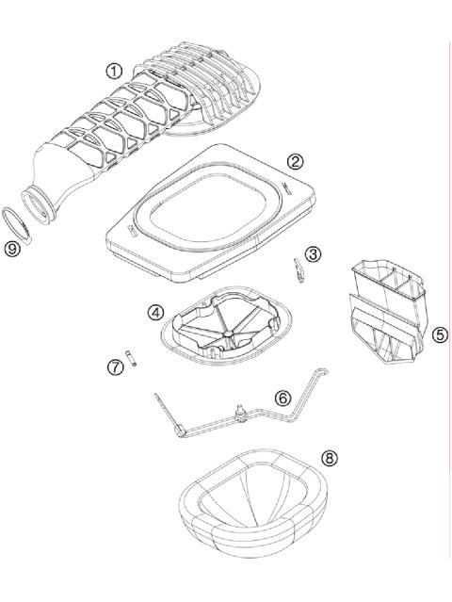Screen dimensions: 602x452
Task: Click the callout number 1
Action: point(115,71)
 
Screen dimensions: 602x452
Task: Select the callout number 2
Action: point(295,161)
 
